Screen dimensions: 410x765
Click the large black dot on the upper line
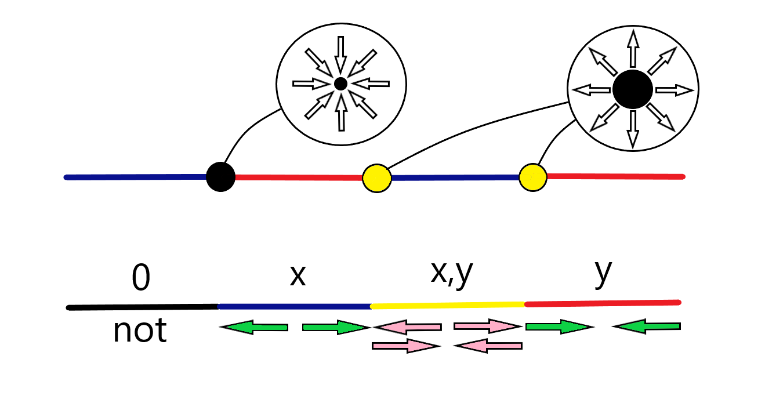coord(220,176)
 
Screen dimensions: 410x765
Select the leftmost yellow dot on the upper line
coord(376,178)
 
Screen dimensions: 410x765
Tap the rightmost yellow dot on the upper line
coord(533,176)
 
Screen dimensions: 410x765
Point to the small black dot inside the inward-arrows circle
coord(341,84)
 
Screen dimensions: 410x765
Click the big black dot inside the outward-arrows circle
coord(633,89)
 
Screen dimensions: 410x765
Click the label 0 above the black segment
coord(140,279)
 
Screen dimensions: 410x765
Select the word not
coord(140,331)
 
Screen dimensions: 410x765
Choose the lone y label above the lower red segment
coord(603,274)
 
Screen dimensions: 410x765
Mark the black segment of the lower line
coord(143,307)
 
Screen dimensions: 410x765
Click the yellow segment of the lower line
coord(447,304)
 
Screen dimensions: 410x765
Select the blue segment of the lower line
coord(295,306)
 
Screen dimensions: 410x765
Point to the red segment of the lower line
coord(601,302)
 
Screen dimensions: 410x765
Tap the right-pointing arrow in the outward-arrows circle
coord(675,90)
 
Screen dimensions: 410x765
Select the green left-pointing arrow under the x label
coord(254,328)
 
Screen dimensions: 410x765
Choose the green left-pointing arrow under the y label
coord(646,327)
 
